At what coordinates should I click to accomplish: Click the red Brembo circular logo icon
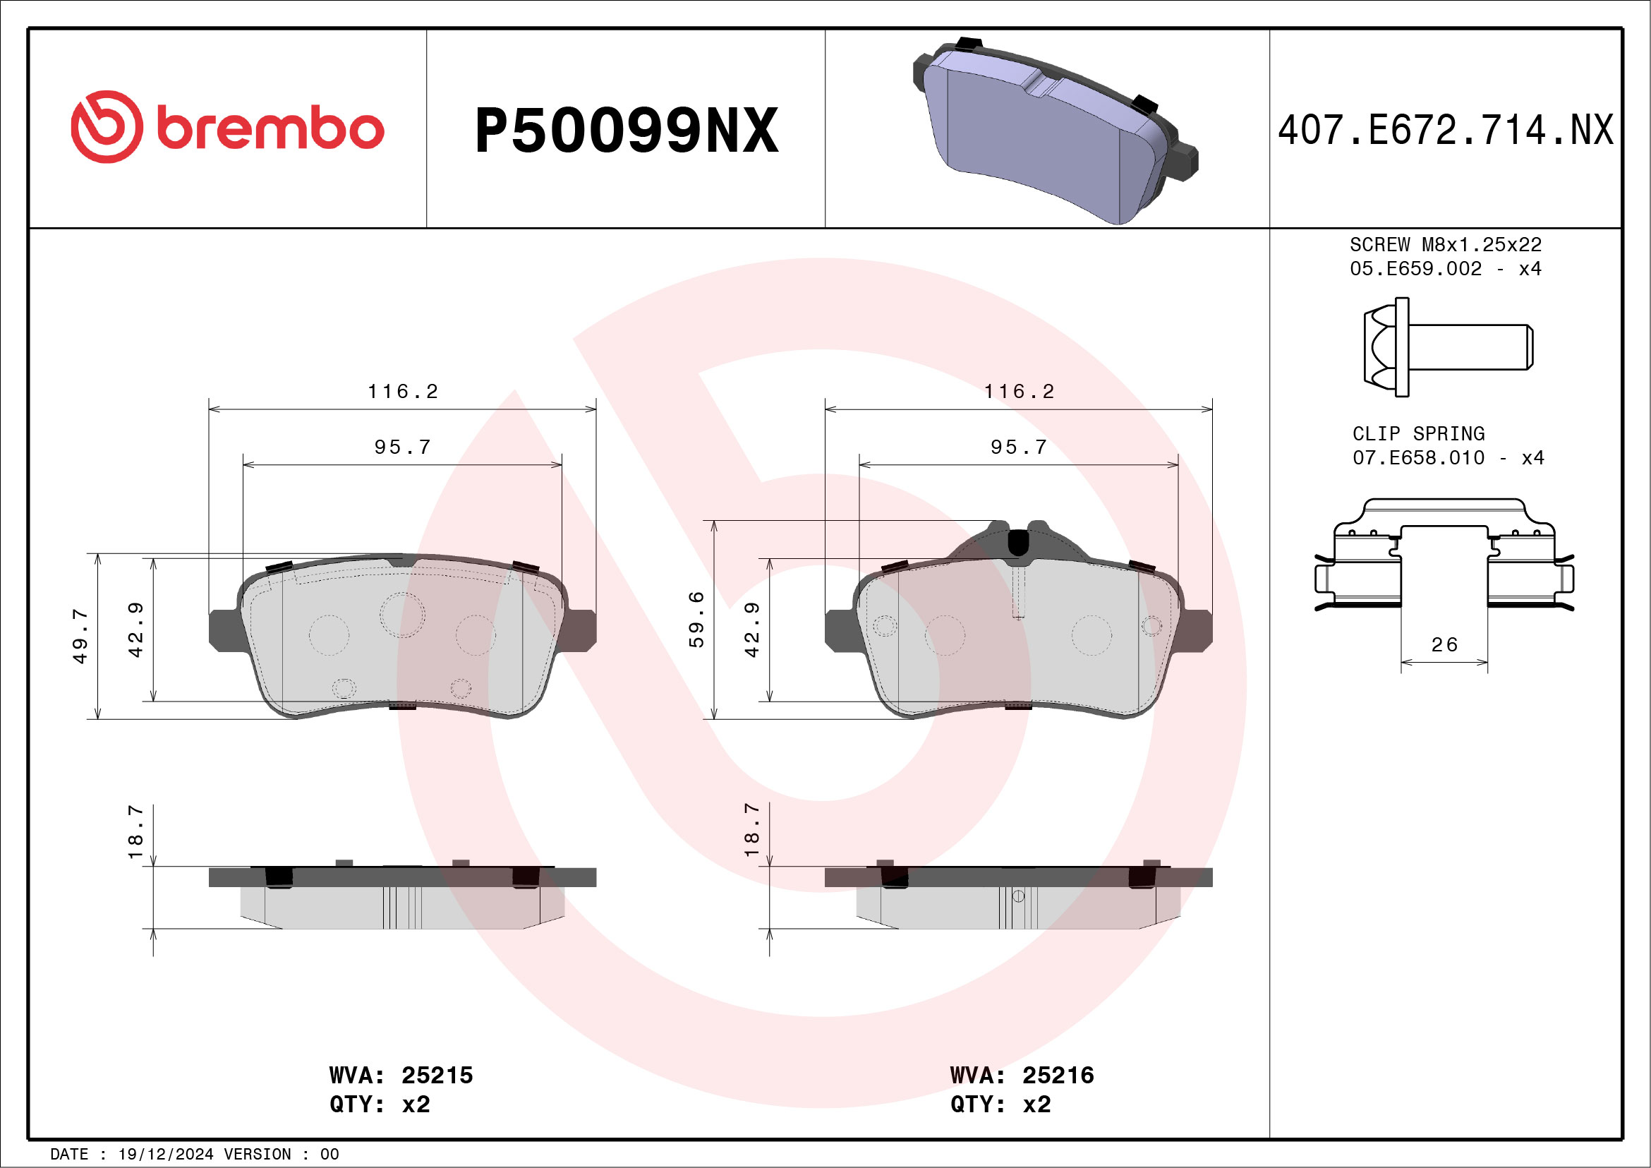[x=107, y=126]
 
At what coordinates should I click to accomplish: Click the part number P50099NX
[x=626, y=131]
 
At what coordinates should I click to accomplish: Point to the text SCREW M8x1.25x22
[x=1446, y=244]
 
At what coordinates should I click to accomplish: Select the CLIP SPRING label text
[x=1418, y=434]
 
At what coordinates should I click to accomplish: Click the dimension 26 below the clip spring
[x=1444, y=644]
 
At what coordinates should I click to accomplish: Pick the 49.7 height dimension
[x=80, y=636]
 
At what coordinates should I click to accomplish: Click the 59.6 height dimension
[x=696, y=619]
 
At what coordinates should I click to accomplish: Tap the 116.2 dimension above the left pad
[x=403, y=391]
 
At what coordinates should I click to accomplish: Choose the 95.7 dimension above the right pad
[x=1018, y=447]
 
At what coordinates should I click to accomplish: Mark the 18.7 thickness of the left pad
[x=135, y=831]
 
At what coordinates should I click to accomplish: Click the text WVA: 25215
[x=401, y=1076]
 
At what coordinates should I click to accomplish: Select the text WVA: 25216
[x=1022, y=1076]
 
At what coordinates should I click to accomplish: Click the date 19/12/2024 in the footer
[x=165, y=1155]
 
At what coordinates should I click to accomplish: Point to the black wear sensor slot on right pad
[x=1017, y=541]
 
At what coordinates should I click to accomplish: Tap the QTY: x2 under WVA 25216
[x=1000, y=1104]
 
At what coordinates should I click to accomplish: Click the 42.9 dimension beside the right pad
[x=751, y=630]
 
